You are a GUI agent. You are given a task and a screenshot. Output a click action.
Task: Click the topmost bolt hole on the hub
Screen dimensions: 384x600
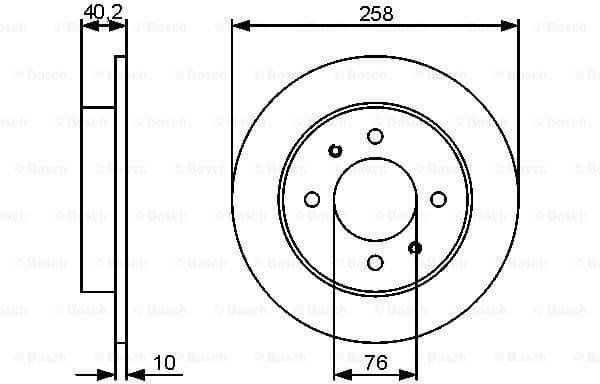(375, 136)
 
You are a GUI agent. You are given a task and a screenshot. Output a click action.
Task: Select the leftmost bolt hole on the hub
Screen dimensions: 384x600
(312, 199)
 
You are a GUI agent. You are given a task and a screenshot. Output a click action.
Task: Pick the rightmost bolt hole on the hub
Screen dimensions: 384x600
(438, 199)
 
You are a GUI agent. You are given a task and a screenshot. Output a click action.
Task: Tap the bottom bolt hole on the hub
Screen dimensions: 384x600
(375, 262)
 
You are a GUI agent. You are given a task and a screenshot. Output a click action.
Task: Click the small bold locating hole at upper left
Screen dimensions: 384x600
(335, 151)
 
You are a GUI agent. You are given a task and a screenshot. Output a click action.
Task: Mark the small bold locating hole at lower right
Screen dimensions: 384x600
(416, 248)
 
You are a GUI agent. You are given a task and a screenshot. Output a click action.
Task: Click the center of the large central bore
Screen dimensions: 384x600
(375, 199)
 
